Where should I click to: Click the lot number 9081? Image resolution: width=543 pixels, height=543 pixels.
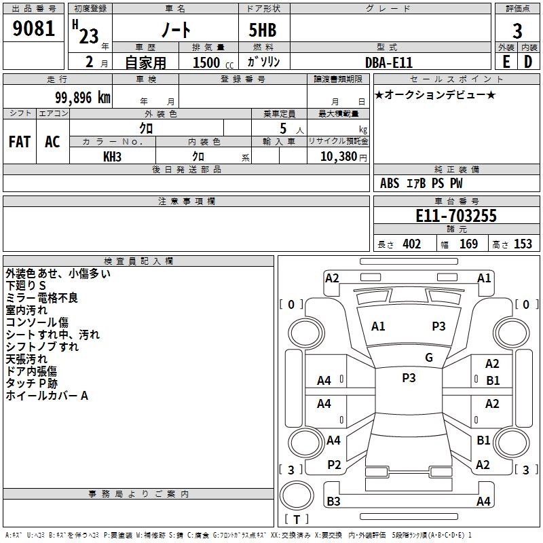coord(34,30)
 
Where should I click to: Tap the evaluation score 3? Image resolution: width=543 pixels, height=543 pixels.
coord(517,31)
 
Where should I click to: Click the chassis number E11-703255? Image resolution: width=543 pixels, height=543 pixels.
coord(455,216)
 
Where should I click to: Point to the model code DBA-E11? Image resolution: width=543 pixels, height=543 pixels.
coord(391,62)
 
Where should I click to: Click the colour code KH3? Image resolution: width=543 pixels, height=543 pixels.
coord(112,156)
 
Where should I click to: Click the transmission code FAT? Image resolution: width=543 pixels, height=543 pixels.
coord(19,142)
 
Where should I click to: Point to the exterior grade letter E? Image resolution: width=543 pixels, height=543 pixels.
coord(505,62)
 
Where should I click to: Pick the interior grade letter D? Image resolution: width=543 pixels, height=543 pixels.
coord(527,62)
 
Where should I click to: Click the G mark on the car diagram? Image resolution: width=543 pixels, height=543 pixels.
coord(428,358)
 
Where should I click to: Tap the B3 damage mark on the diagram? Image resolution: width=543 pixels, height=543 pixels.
coord(333,502)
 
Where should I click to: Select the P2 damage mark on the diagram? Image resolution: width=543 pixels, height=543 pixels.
coord(333,464)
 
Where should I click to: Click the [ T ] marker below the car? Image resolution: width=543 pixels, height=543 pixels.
coord(296,520)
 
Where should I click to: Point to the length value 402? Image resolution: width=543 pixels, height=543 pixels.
coord(411,244)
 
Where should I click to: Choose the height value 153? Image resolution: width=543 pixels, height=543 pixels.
coord(523,244)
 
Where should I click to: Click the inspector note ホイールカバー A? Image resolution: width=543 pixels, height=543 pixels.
coord(47,396)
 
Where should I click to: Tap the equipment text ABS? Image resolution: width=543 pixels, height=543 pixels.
coord(390,183)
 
